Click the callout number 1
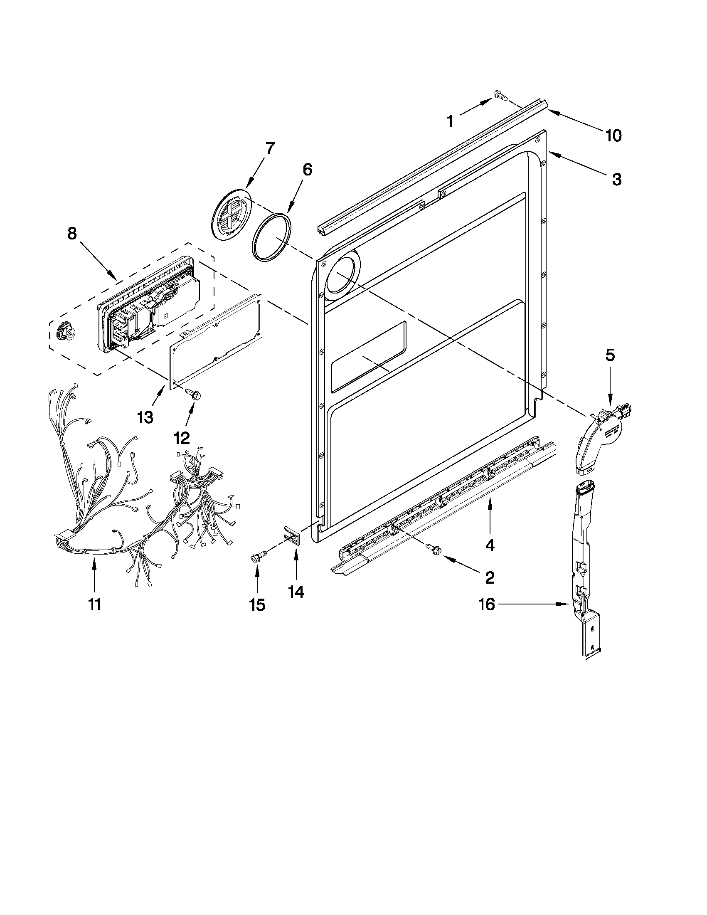point(449,121)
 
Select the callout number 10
point(613,136)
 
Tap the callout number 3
point(616,179)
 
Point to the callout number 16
point(487,604)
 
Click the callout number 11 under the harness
point(95,604)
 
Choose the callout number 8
point(72,233)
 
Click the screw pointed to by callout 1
point(500,96)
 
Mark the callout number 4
point(490,545)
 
